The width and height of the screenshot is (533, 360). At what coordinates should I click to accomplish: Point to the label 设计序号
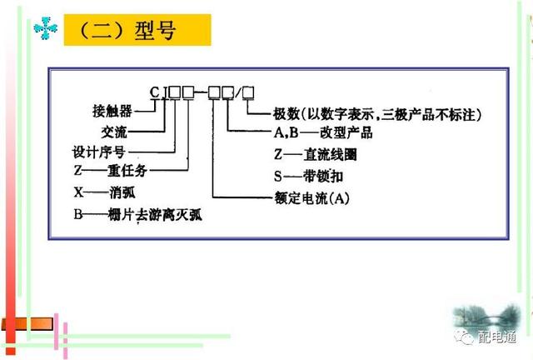(101, 152)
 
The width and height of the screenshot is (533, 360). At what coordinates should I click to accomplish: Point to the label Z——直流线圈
(313, 154)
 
